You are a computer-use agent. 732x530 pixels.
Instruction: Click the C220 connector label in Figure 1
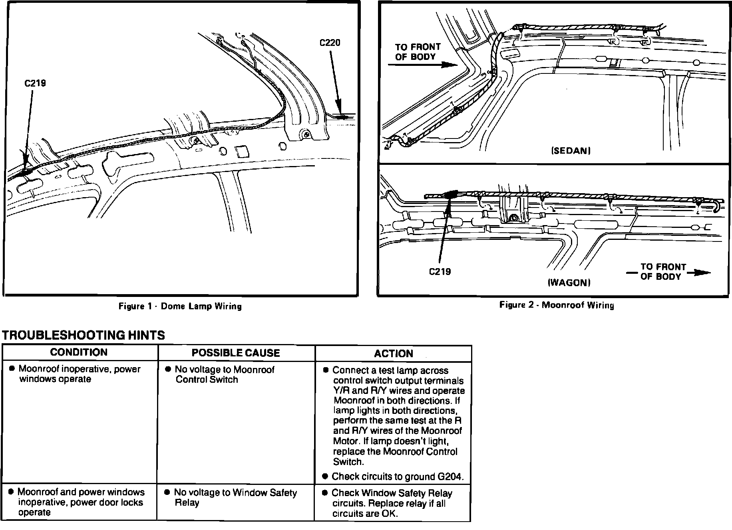(x=330, y=43)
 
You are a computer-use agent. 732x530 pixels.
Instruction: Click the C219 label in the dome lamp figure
(x=35, y=83)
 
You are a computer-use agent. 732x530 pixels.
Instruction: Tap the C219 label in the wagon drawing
(x=440, y=272)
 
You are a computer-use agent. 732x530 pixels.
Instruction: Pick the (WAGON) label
(x=569, y=283)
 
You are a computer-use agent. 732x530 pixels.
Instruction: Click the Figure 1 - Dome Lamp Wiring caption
(x=180, y=307)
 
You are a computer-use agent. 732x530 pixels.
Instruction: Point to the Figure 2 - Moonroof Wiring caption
(x=557, y=305)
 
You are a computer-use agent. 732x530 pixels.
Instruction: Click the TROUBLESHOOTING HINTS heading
(x=84, y=335)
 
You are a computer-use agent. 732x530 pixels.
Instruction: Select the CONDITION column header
(x=79, y=352)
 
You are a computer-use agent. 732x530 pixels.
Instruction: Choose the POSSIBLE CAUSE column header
(x=236, y=353)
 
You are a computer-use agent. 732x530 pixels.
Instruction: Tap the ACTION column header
(x=394, y=354)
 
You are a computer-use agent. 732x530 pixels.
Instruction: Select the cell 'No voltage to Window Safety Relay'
(x=235, y=498)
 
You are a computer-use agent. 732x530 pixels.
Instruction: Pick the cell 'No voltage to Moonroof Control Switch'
(x=225, y=374)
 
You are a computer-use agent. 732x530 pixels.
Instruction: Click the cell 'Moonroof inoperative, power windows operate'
(x=79, y=374)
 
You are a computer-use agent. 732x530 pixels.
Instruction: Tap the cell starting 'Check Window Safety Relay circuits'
(x=392, y=503)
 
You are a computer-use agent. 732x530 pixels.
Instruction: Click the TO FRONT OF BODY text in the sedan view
(x=418, y=52)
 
